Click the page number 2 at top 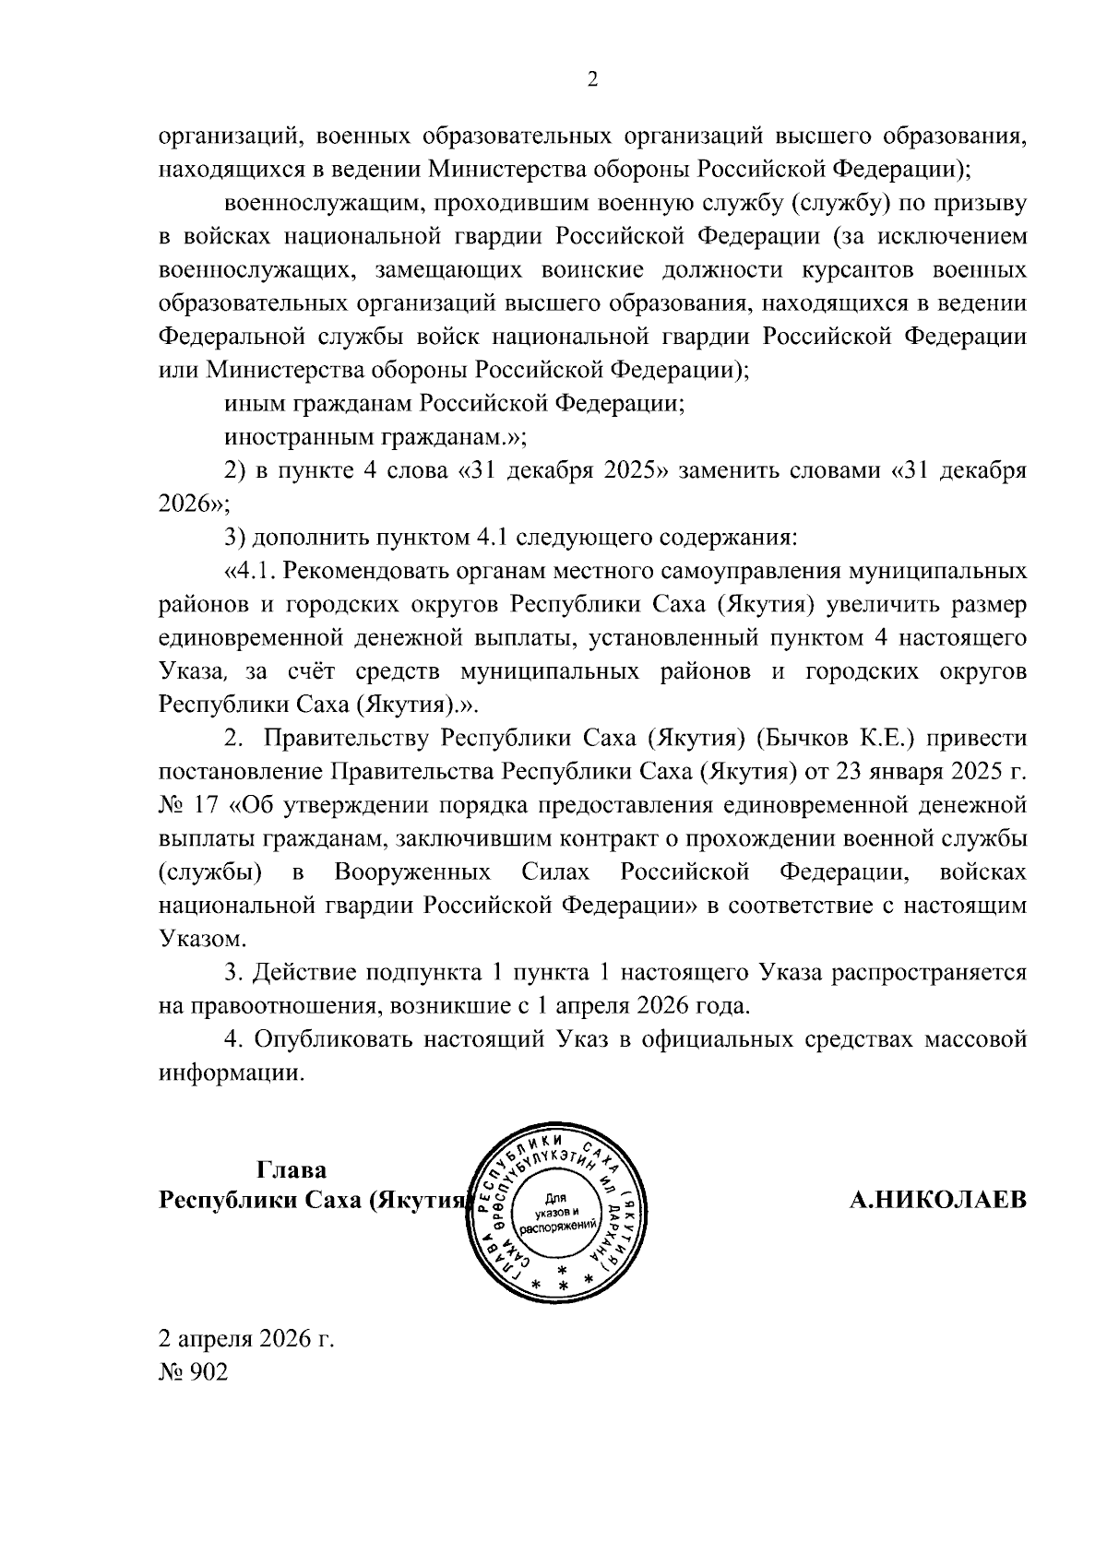(x=593, y=80)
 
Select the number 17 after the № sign (x=207, y=805)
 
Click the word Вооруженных (x=412, y=872)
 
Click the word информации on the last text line (x=231, y=1073)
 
